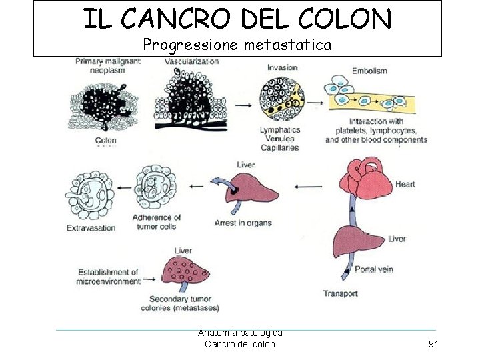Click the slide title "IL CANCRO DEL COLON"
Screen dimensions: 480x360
pyautogui.click(x=237, y=19)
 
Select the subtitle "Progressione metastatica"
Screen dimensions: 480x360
pyautogui.click(x=237, y=45)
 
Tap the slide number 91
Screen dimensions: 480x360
pyautogui.click(x=433, y=344)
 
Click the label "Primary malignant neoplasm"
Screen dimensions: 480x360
pyautogui.click(x=107, y=65)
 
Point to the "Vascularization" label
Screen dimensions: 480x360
pyautogui.click(x=191, y=61)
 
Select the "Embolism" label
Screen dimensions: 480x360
pyautogui.click(x=369, y=71)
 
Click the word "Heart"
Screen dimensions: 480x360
pyautogui.click(x=405, y=184)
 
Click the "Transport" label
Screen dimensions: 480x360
pyautogui.click(x=340, y=293)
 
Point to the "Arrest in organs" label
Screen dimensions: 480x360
pyautogui.click(x=243, y=223)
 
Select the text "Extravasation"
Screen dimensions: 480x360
pyautogui.click(x=91, y=228)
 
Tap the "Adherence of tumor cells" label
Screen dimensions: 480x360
pyautogui.click(x=154, y=222)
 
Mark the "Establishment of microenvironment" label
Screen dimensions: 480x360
pyautogui.click(x=108, y=277)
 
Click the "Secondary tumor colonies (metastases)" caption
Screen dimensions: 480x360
pyautogui.click(x=180, y=304)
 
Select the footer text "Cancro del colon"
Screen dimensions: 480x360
pyautogui.click(x=239, y=344)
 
